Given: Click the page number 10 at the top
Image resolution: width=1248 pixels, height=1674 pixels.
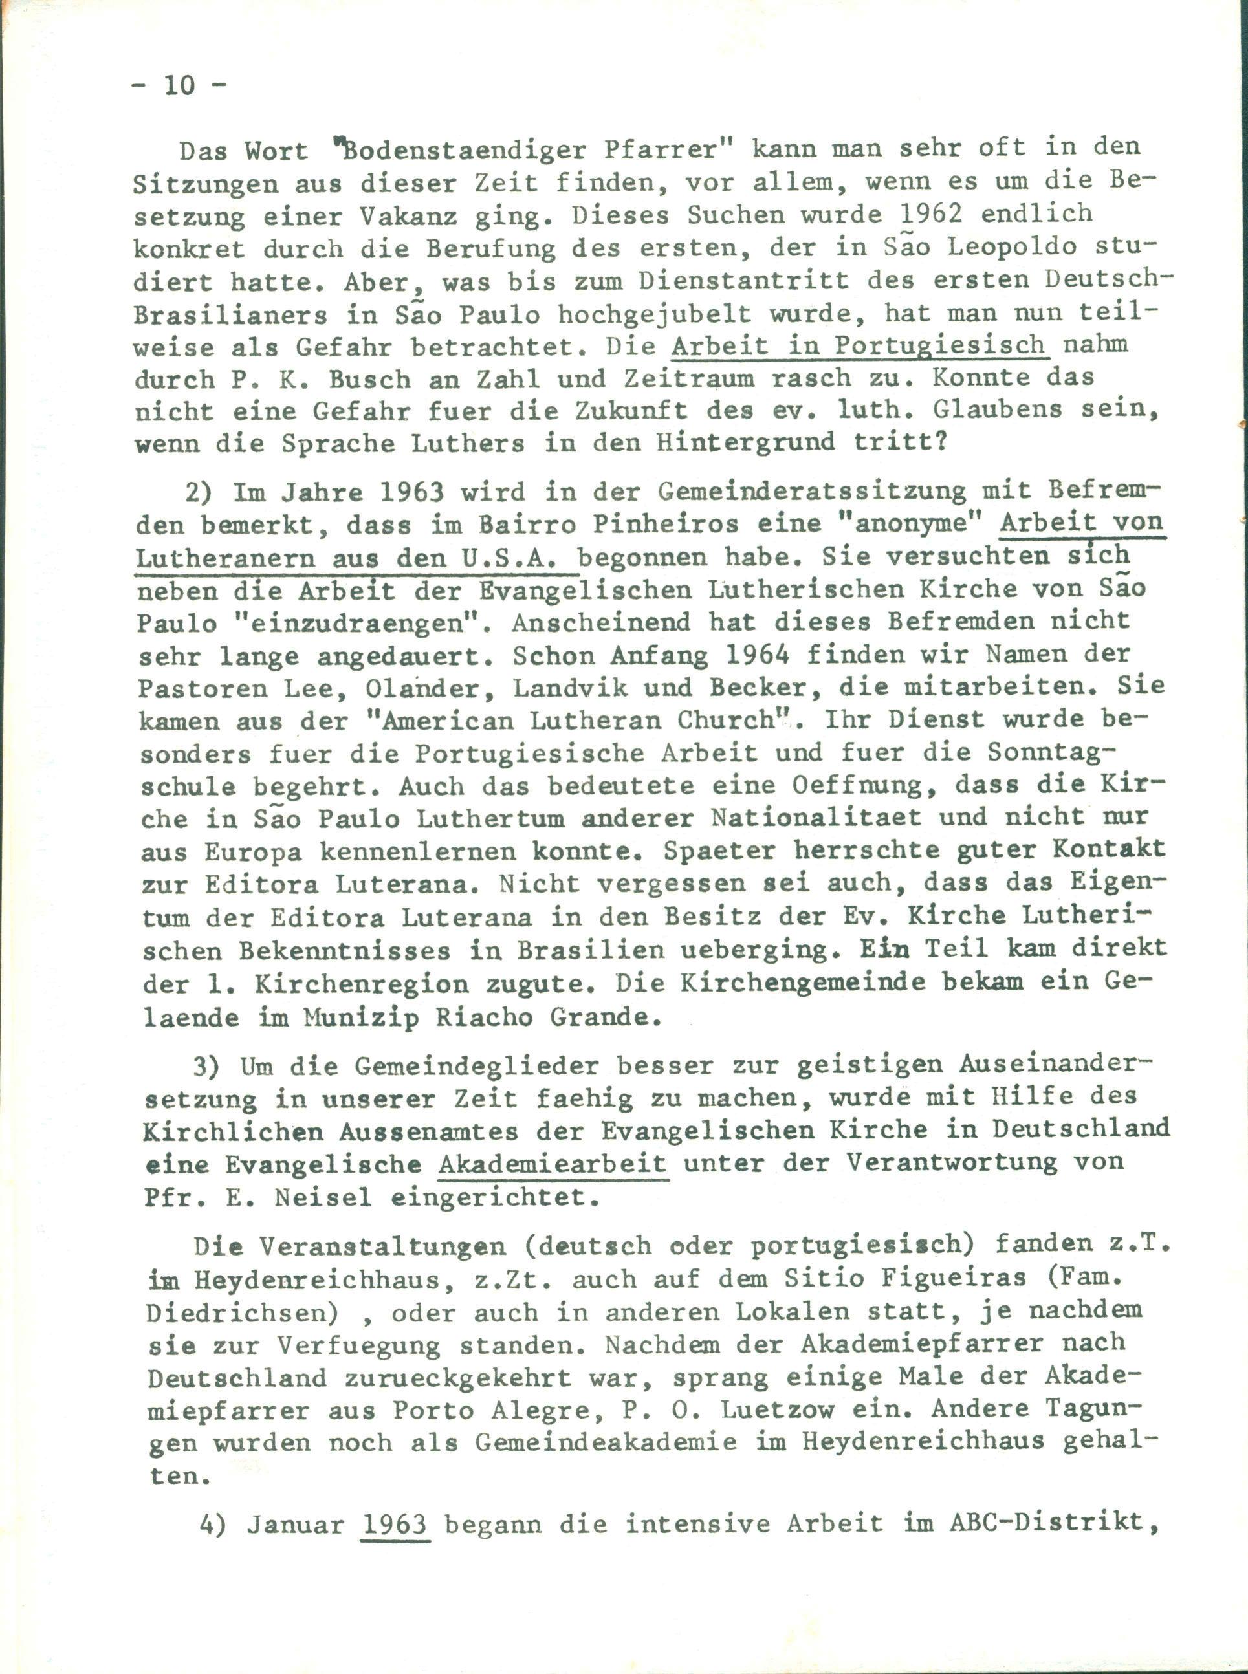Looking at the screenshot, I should pyautogui.click(x=180, y=85).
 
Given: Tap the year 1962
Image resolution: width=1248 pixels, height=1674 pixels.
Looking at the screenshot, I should pyautogui.click(x=934, y=215).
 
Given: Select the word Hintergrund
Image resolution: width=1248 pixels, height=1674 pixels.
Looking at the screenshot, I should pyautogui.click(x=745, y=443).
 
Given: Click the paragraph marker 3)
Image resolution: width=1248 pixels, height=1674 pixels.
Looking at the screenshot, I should pyautogui.click(x=208, y=1067).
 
